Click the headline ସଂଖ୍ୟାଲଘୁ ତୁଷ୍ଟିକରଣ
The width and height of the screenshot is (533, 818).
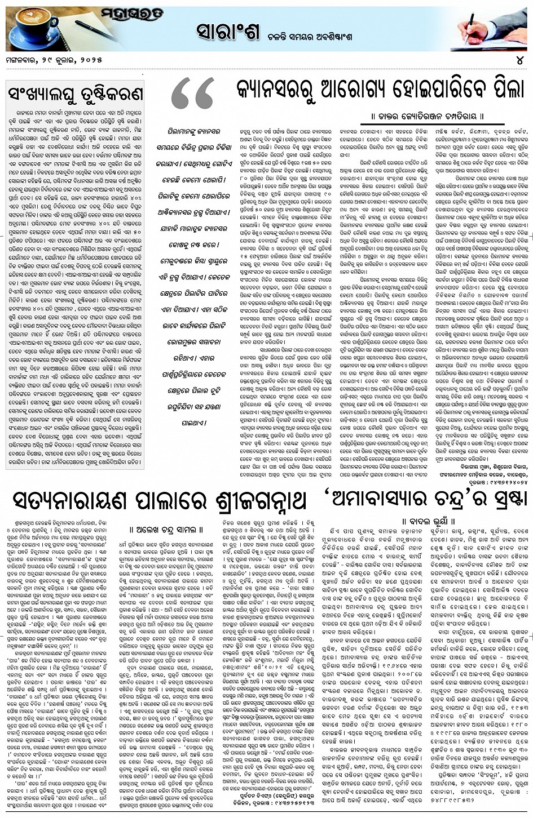(x=74, y=93)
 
